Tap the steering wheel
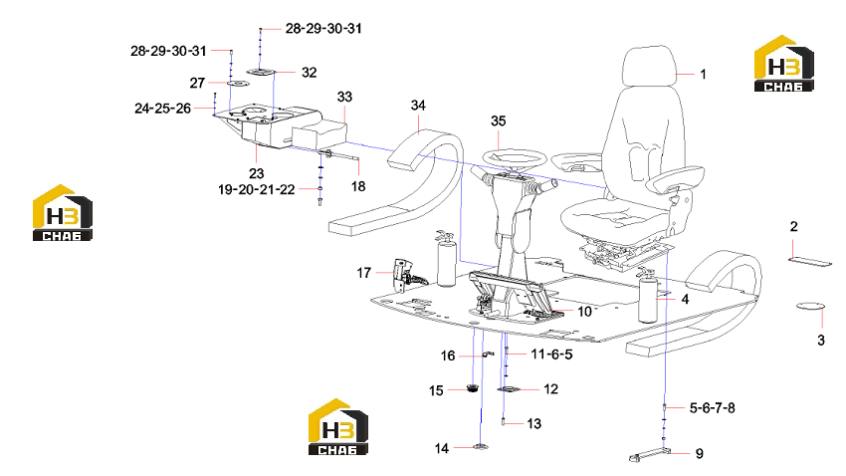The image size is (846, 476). click(x=515, y=157)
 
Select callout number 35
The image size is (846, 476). click(x=498, y=120)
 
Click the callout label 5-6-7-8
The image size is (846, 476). click(x=713, y=408)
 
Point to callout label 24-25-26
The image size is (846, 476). click(x=162, y=109)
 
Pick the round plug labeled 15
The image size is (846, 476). click(x=473, y=387)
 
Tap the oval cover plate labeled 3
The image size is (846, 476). click(x=811, y=307)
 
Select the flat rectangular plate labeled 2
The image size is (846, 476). click(x=810, y=262)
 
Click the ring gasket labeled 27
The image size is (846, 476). click(x=237, y=83)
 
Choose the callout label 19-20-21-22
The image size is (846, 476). click(x=256, y=190)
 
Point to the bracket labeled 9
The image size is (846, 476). click(x=649, y=454)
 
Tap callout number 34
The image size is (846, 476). click(x=418, y=106)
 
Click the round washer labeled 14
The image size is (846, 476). click(x=480, y=447)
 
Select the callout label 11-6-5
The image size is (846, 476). click(x=551, y=355)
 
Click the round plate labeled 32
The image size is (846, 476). click(x=262, y=72)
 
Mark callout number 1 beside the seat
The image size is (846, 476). click(x=703, y=75)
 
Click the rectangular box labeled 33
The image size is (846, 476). click(x=319, y=134)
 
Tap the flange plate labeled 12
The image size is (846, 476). click(x=509, y=389)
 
